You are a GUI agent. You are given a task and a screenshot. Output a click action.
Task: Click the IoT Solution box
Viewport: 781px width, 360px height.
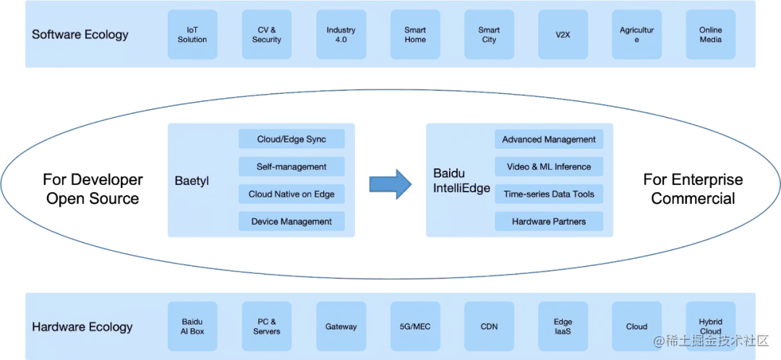pos(192,35)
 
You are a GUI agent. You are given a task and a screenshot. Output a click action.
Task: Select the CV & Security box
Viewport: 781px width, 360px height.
pos(267,35)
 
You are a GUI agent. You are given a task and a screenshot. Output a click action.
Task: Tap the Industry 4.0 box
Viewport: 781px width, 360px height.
pos(341,35)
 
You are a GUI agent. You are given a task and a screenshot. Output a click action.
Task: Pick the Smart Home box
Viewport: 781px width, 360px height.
pos(415,35)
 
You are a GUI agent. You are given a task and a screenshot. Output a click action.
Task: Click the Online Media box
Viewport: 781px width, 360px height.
pos(710,35)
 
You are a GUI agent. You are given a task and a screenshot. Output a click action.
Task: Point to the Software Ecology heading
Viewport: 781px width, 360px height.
pos(80,35)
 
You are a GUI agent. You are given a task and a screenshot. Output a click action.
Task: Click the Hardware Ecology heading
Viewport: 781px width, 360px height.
pos(82,327)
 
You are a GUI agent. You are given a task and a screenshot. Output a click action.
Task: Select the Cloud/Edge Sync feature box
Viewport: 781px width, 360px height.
pos(291,140)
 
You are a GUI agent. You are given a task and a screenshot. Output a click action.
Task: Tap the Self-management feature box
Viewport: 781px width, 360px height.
pos(291,167)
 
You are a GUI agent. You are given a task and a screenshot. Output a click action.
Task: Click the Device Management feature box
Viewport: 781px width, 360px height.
pos(291,221)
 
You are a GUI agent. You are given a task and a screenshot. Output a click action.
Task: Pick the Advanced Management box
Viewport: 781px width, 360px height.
pos(549,140)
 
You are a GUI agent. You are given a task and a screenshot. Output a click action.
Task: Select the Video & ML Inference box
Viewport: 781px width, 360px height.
pos(549,167)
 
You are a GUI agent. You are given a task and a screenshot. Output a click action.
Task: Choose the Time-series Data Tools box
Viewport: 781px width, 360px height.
pos(549,194)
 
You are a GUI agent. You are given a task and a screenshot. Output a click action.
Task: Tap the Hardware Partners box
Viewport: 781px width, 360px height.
pos(549,221)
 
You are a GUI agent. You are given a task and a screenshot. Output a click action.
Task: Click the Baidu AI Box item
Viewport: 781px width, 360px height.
pos(192,327)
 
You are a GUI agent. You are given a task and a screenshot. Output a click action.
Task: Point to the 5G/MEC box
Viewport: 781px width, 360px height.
pos(415,327)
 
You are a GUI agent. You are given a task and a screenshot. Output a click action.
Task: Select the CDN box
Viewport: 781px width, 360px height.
pos(489,327)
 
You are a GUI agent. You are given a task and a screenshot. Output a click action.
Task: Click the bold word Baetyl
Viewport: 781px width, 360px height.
pos(192,180)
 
